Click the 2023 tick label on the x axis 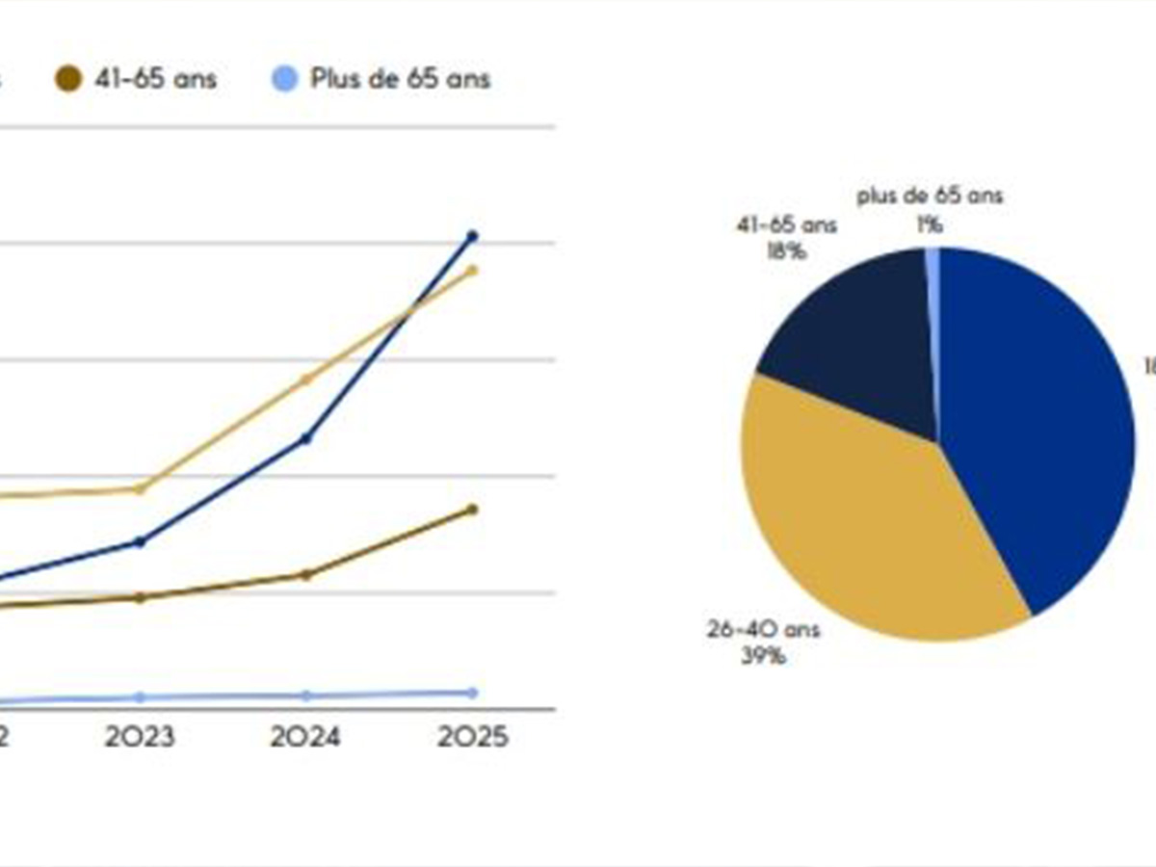point(141,738)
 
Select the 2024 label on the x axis point(305,738)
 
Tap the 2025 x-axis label point(471,738)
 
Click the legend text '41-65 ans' point(156,79)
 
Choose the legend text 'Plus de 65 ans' point(400,79)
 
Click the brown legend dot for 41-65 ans point(68,80)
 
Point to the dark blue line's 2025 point point(472,236)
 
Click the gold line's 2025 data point point(472,270)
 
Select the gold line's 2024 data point point(306,379)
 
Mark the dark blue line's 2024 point point(306,438)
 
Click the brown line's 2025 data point point(472,509)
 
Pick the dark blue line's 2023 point point(141,541)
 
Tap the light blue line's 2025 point point(472,692)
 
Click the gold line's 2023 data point point(141,488)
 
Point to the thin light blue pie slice point(933,279)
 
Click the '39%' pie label point(762,657)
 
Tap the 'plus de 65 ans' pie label point(931,197)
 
